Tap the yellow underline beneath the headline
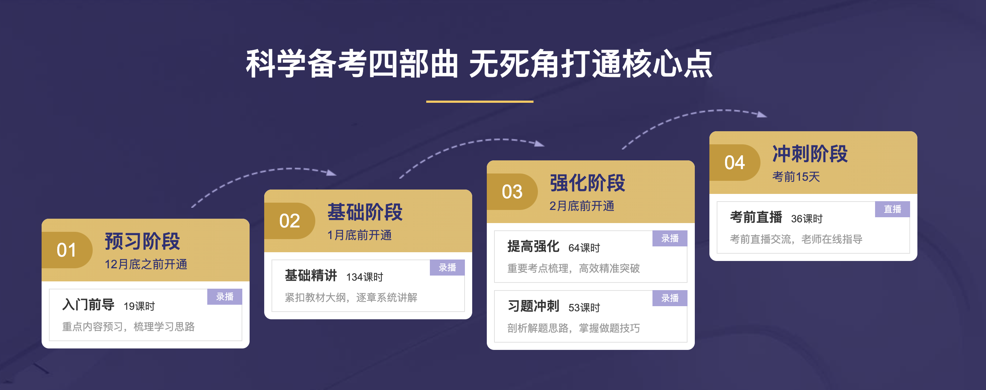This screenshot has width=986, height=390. [479, 102]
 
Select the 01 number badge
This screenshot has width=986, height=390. [67, 250]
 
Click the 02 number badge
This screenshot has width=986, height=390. [289, 221]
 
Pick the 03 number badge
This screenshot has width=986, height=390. [512, 192]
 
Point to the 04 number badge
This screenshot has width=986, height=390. [734, 163]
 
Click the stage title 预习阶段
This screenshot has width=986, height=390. [142, 241]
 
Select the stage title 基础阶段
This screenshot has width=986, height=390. [365, 212]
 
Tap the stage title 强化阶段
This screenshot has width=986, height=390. [587, 183]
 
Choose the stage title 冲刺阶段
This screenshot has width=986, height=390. [810, 154]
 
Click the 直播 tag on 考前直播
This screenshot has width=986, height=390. [892, 209]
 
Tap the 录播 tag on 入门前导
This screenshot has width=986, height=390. [225, 297]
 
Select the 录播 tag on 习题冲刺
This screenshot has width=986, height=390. [670, 298]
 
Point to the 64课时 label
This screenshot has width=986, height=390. [584, 248]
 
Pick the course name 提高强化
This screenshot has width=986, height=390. [533, 247]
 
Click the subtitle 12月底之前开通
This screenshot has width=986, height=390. [146, 264]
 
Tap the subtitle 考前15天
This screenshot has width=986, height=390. [796, 177]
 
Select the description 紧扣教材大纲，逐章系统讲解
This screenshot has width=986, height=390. [351, 297]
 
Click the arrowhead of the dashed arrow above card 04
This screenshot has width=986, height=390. [762, 114]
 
